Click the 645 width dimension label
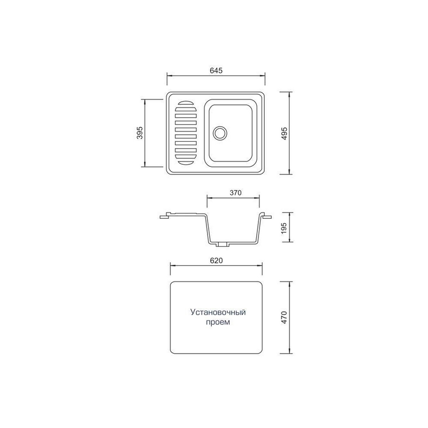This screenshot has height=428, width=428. pos(216,71)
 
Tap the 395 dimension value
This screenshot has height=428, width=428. pos(140,133)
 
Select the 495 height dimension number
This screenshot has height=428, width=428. pos(284,133)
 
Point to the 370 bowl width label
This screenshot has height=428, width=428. pos(235,193)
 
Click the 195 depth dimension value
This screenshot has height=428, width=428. pos(284,228)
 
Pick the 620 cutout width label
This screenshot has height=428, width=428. pos(216,261)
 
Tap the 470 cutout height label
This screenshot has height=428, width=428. pos(284,317)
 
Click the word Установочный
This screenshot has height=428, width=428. pos(218,312)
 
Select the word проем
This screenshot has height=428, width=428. pos(218,322)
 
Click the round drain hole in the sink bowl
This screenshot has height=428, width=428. pos(220,133)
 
